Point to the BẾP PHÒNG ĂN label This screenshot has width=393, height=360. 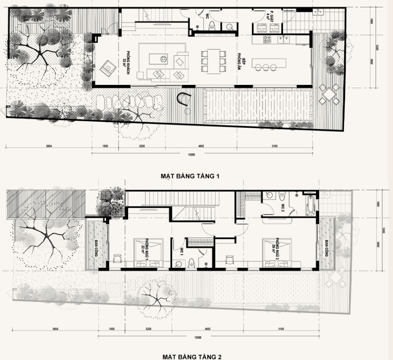pyautogui.click(x=242, y=62)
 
